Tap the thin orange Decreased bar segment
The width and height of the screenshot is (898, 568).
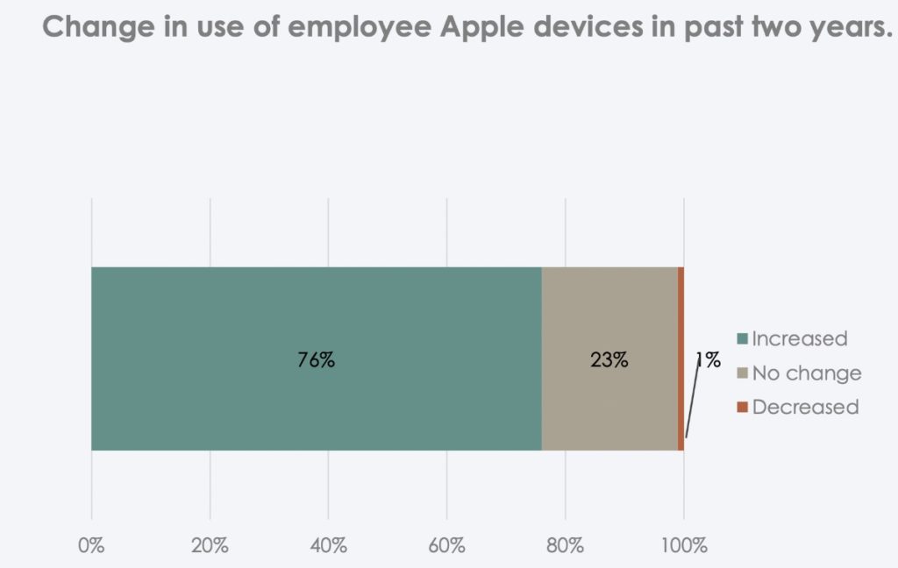point(681,307)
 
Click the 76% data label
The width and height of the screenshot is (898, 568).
point(316,359)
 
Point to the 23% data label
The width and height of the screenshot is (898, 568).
point(609,359)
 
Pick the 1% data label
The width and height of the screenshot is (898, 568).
point(708,359)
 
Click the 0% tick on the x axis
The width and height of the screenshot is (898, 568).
point(91,545)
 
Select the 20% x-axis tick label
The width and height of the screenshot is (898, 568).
point(210,545)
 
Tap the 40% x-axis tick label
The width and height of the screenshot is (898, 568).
point(328,545)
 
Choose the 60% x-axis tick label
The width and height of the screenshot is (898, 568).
point(446,545)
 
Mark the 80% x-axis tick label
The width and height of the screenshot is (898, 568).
point(565,545)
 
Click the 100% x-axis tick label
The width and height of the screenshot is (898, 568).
point(683,545)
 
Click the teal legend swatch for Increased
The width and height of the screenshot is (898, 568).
point(742,339)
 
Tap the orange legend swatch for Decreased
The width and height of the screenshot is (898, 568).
point(742,408)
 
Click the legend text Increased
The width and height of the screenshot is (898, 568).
point(800,339)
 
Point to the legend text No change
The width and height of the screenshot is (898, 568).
point(807,374)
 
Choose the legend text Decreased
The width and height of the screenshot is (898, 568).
point(805,408)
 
